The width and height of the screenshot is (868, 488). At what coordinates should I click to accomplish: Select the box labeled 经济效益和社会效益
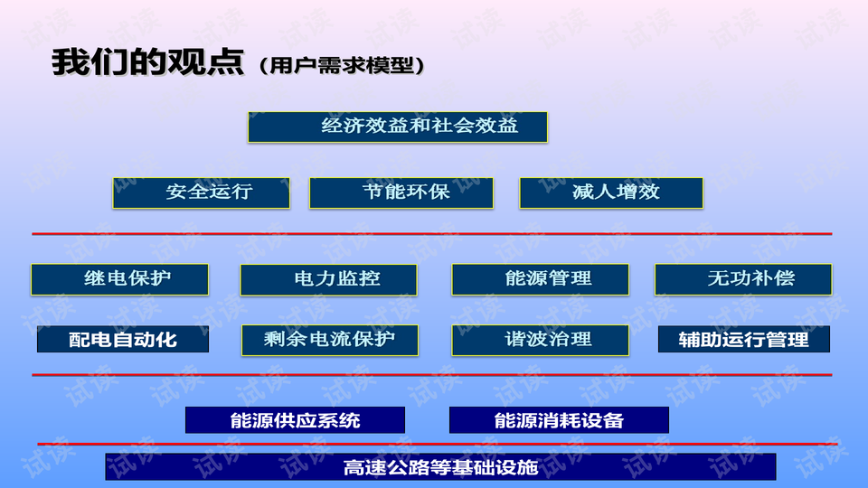tap(398, 127)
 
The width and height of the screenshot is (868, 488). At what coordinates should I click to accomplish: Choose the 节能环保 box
tap(401, 192)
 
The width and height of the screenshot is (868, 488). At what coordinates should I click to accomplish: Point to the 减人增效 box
tap(611, 192)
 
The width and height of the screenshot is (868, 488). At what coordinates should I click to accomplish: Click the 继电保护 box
tap(119, 279)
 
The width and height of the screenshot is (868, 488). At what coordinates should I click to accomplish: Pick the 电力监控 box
tap(328, 279)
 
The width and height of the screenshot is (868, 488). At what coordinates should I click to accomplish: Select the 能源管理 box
tap(540, 279)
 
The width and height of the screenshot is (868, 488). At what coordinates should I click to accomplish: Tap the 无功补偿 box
tap(742, 279)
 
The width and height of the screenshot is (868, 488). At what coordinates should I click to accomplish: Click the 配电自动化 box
tap(123, 340)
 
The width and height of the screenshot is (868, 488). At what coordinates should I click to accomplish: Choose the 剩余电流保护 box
tap(329, 340)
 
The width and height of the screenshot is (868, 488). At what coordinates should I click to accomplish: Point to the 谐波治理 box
tap(540, 340)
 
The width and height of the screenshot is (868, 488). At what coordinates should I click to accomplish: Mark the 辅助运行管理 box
tap(743, 340)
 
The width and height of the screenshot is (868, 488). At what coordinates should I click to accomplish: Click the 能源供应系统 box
tap(295, 420)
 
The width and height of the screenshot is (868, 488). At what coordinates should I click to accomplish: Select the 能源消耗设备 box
tap(559, 420)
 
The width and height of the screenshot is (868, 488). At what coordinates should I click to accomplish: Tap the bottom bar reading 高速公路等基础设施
tap(440, 467)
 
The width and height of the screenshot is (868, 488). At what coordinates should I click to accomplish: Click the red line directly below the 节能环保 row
tap(432, 234)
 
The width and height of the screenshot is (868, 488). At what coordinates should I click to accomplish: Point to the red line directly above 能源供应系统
tap(432, 374)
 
